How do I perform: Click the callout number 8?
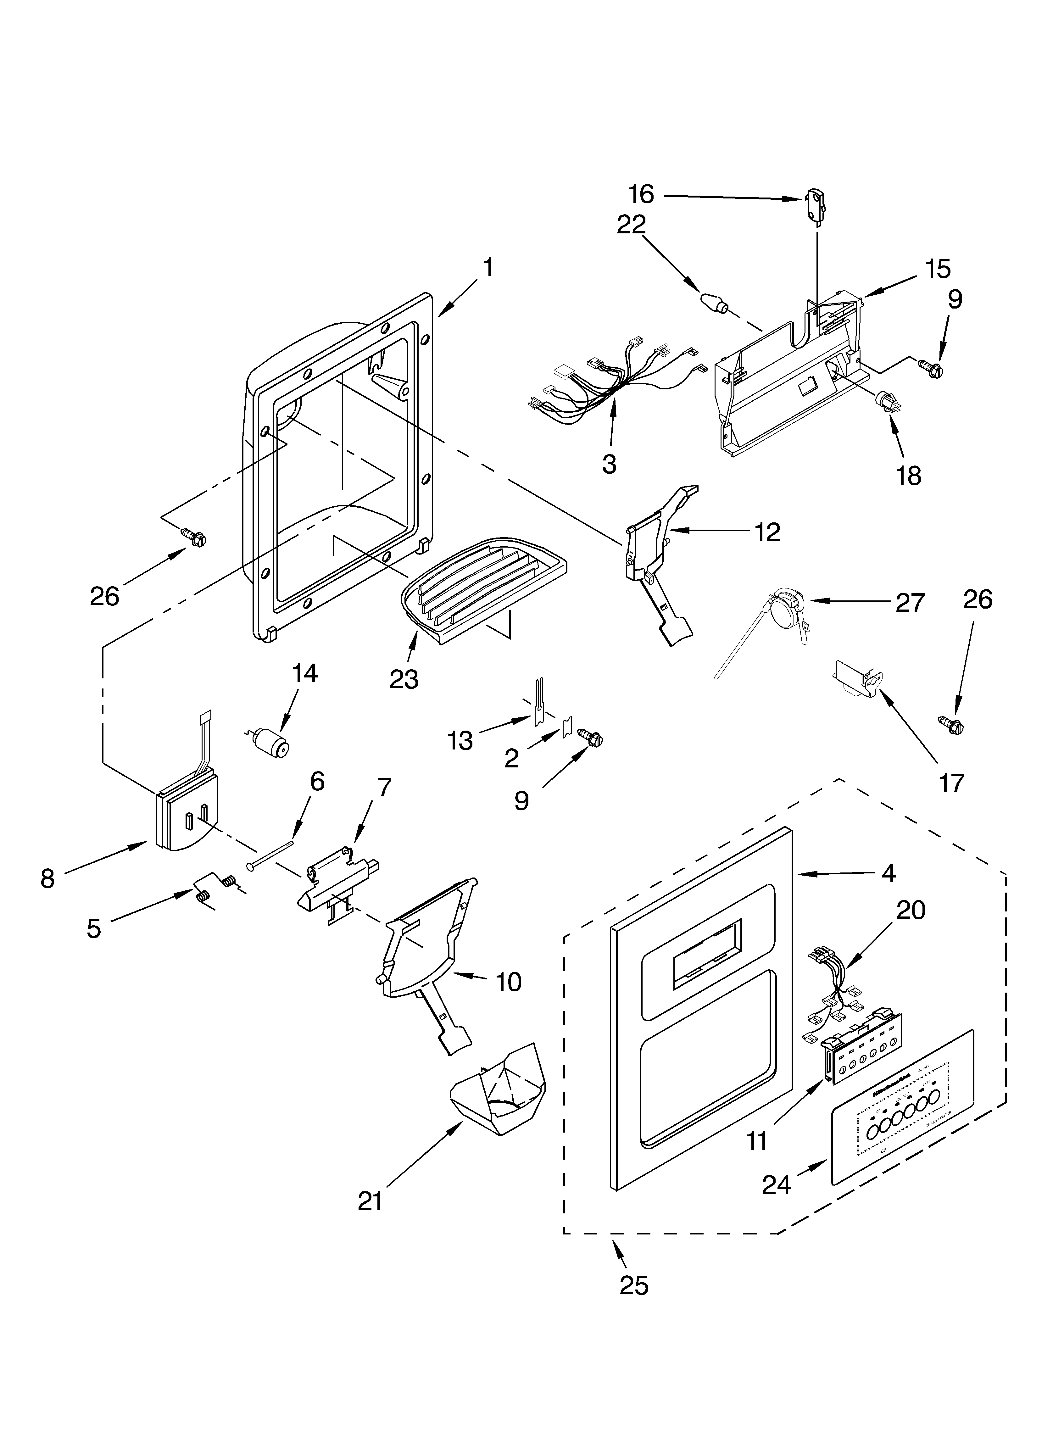coord(47,878)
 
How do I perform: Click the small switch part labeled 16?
coord(814,204)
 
